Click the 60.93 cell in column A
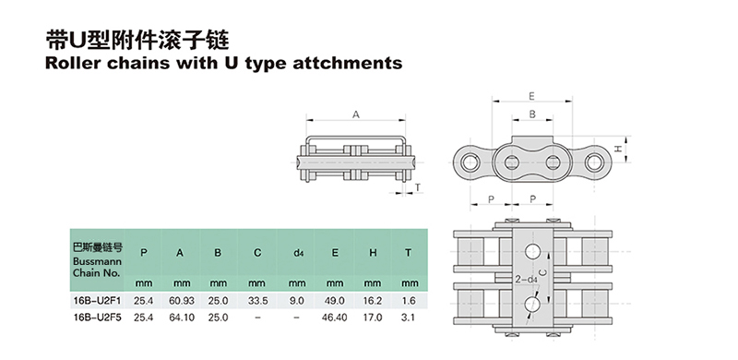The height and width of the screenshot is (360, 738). pyautogui.click(x=182, y=300)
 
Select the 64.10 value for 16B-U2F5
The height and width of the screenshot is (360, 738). pyautogui.click(x=182, y=318)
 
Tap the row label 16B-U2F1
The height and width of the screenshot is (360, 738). pyautogui.click(x=98, y=300)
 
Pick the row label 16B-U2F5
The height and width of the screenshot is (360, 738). pyautogui.click(x=98, y=318)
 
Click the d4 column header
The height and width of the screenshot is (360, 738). pyautogui.click(x=297, y=253)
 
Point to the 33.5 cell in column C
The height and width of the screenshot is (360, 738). pyautogui.click(x=257, y=300)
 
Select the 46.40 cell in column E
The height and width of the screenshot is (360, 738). pyautogui.click(x=334, y=318)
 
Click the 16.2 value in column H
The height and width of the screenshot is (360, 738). pyautogui.click(x=373, y=300)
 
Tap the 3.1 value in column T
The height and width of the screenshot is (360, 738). pyautogui.click(x=409, y=318)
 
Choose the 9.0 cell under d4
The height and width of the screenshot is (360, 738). pyautogui.click(x=297, y=300)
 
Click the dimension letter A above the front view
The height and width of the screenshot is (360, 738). pyautogui.click(x=356, y=114)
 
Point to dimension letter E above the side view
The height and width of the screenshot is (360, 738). pyautogui.click(x=532, y=96)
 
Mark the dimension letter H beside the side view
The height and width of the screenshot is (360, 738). pyautogui.click(x=619, y=149)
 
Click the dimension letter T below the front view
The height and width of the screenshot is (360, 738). pyautogui.click(x=417, y=187)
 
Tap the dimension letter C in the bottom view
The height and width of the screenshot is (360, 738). pyautogui.click(x=542, y=271)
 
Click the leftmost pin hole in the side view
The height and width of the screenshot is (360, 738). pyautogui.click(x=470, y=162)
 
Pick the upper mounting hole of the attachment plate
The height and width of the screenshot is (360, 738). pyautogui.click(x=532, y=252)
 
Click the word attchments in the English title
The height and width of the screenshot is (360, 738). pyautogui.click(x=348, y=63)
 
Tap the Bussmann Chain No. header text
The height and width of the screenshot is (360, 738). pyautogui.click(x=97, y=267)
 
